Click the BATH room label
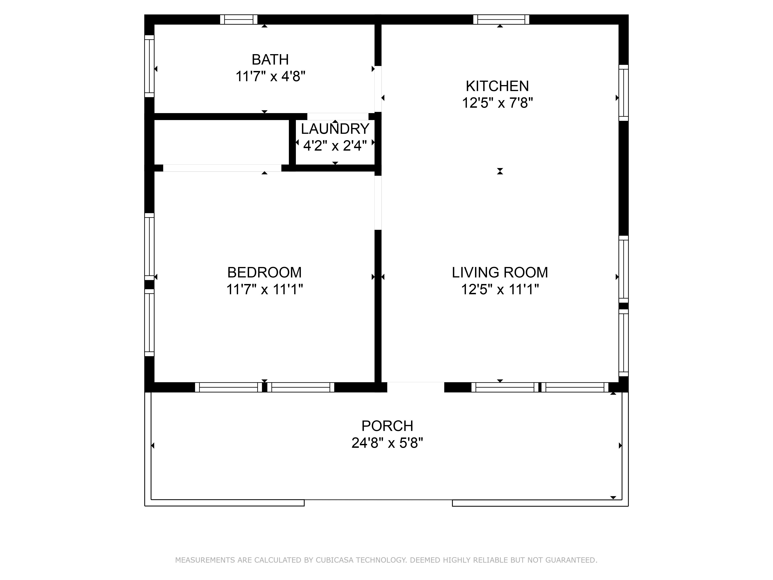[270, 60]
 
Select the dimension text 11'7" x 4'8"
[270, 76]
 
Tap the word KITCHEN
[497, 86]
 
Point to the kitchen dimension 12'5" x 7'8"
[497, 103]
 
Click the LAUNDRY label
[335, 129]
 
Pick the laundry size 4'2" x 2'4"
[335, 145]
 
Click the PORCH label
[387, 426]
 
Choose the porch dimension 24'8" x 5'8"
[387, 443]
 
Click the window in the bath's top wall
[239, 20]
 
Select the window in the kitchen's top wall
[501, 20]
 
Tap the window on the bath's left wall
[149, 66]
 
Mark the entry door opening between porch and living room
[415, 387]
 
